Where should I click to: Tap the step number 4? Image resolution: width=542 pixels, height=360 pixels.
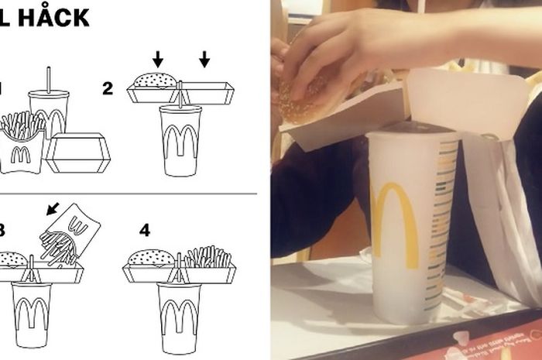[x=144, y=231]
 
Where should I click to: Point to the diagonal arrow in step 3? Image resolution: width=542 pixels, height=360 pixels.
[x=53, y=208]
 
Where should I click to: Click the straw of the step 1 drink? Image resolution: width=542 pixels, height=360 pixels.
[x=50, y=78]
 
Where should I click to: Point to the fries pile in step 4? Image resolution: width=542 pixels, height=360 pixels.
[x=207, y=256]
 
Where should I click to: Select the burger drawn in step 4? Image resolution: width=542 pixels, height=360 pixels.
[x=151, y=258]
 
